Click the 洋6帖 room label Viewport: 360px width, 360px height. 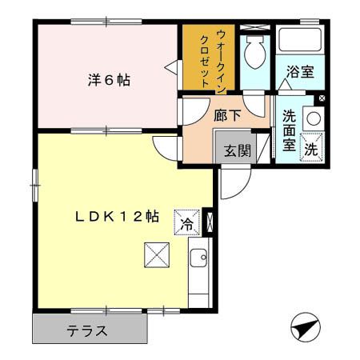(109, 79)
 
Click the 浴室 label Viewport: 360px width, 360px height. (300, 71)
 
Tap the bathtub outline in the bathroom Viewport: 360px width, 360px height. (298, 42)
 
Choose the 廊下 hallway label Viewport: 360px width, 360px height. (226, 114)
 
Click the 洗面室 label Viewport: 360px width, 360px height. (289, 129)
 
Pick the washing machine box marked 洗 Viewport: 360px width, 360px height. (312, 148)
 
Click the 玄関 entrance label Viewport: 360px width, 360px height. (236, 150)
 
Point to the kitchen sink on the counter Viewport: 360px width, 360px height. (198, 259)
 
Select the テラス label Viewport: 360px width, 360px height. (87, 330)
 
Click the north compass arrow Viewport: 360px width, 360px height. (302, 328)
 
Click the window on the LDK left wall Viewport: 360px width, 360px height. (34, 183)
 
